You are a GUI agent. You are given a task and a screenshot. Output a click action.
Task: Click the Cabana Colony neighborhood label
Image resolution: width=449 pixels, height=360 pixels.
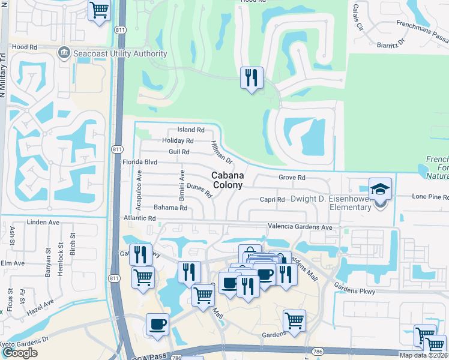click(228, 180)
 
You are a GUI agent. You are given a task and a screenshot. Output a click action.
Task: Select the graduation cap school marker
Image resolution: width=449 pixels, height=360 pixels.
click(380, 190)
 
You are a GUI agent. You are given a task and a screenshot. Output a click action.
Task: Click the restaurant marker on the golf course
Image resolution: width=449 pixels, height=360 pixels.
click(252, 78)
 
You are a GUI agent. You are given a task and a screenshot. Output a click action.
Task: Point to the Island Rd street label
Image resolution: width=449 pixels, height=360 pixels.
click(191, 130)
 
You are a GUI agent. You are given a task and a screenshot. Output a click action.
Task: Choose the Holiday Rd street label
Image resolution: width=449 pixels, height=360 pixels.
click(178, 140)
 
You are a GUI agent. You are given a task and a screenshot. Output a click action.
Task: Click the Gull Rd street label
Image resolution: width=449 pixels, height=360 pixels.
click(179, 152)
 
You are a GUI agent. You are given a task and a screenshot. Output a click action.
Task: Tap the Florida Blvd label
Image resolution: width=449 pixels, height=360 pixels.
click(140, 162)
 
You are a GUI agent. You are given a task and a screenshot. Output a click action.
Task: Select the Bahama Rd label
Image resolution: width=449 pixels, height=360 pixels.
click(170, 208)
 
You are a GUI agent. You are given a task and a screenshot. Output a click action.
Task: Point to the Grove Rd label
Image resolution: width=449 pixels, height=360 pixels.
click(292, 178)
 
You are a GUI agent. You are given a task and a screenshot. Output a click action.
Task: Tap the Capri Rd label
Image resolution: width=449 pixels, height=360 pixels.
click(272, 199)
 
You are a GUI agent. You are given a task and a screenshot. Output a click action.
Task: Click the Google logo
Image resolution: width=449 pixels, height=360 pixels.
click(20, 352)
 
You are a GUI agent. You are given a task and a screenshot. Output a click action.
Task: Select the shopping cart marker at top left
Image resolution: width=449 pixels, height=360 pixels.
click(99, 10)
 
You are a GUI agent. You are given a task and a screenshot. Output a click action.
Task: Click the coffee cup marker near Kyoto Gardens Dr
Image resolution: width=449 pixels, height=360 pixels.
click(157, 325)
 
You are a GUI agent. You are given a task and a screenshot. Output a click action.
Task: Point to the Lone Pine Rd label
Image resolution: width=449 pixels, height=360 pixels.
click(430, 197)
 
